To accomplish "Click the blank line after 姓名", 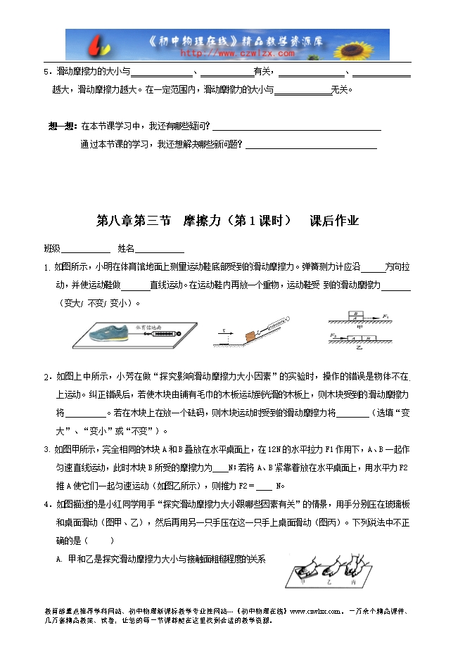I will click(x=160, y=250).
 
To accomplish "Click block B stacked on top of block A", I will click(x=357, y=316).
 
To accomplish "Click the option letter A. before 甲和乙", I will click(x=58, y=559).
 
